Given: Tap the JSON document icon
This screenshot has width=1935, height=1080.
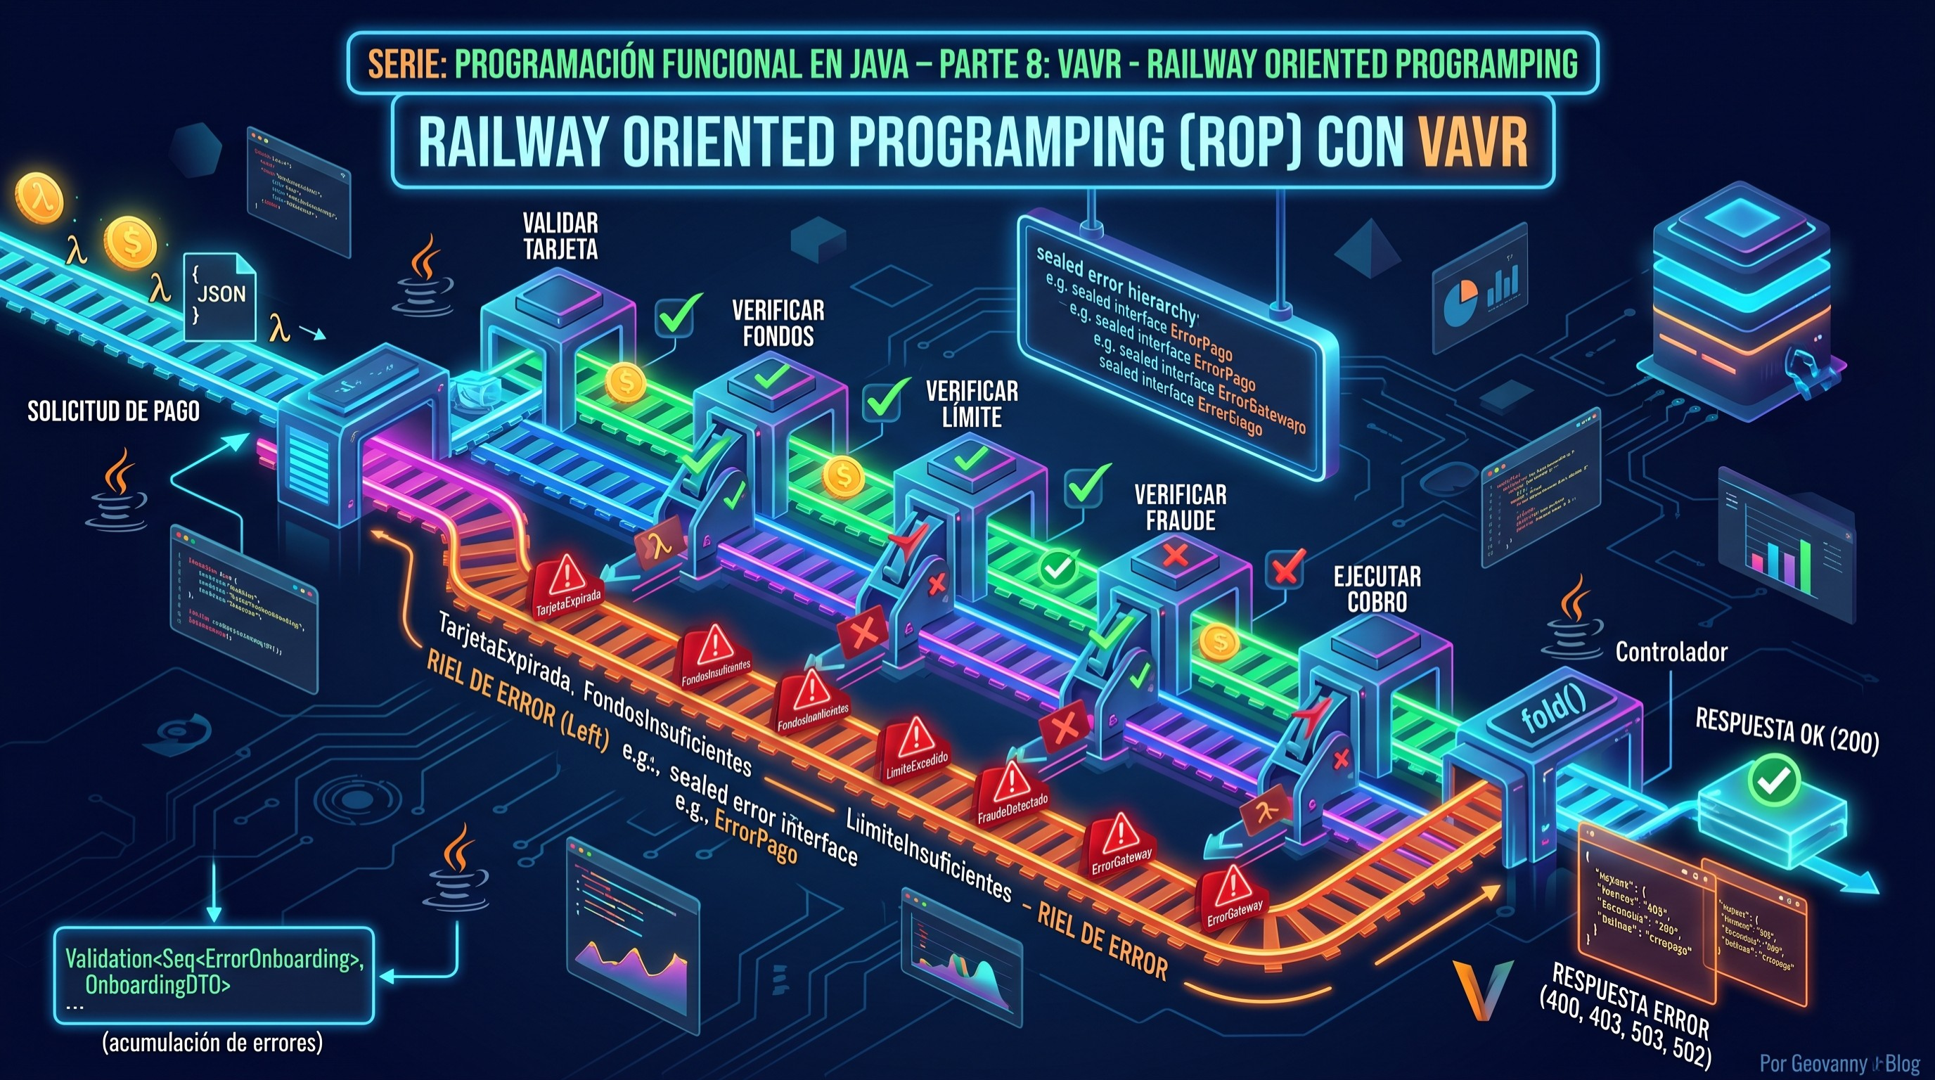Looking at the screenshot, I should pyautogui.click(x=220, y=295).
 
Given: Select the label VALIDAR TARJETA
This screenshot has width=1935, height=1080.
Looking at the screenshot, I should pyautogui.click(x=560, y=236).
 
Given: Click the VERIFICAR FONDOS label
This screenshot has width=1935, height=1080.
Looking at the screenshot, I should pyautogui.click(x=778, y=323).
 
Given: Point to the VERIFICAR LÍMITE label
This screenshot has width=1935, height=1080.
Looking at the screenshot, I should pyautogui.click(x=972, y=404).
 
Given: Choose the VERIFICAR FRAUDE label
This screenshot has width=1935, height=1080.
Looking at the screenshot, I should pyautogui.click(x=1180, y=508).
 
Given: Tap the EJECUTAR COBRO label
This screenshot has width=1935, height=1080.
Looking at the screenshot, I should pyautogui.click(x=1377, y=589).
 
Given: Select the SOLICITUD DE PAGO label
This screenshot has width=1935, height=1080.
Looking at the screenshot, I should pyautogui.click(x=113, y=411).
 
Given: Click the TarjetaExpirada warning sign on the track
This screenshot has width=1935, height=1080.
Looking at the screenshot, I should pyautogui.click(x=567, y=587).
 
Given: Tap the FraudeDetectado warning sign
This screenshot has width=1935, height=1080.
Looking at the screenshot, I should pyautogui.click(x=1012, y=793).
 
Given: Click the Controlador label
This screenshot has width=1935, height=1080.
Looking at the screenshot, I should pyautogui.click(x=1671, y=652).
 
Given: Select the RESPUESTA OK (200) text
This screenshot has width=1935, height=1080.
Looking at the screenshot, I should pyautogui.click(x=1787, y=730).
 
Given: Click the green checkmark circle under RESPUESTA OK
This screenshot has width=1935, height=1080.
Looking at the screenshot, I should pyautogui.click(x=1773, y=781).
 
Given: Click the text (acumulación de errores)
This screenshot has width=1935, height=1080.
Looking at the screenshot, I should pyautogui.click(x=212, y=1043).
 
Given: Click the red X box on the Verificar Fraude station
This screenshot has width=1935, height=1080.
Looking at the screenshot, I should pyautogui.click(x=1176, y=555).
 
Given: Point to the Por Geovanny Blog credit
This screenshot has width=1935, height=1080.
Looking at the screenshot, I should pyautogui.click(x=1839, y=1065).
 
